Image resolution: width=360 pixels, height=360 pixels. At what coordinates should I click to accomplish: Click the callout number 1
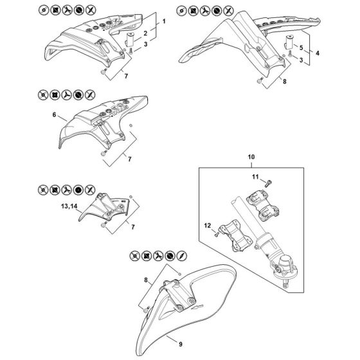(164, 21)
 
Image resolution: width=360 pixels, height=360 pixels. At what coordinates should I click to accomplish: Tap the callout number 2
(145, 33)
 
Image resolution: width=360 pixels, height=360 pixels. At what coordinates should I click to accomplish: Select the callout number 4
(318, 53)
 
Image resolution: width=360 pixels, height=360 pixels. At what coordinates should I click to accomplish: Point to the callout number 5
(301, 48)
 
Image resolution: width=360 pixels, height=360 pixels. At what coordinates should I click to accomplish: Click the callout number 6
(54, 114)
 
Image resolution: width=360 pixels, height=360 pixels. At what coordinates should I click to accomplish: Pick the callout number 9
(181, 344)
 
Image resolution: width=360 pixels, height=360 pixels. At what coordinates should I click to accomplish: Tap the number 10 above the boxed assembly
(251, 157)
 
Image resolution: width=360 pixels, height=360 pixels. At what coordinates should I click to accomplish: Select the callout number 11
(255, 177)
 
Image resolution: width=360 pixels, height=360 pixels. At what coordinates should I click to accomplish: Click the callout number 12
(207, 226)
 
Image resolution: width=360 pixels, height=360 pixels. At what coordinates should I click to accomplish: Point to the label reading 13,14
(69, 206)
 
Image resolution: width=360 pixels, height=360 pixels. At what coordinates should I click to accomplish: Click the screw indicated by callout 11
(268, 183)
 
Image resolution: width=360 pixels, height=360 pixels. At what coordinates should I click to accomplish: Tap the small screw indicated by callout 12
(217, 234)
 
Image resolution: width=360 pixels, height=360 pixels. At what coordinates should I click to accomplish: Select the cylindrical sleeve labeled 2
(129, 39)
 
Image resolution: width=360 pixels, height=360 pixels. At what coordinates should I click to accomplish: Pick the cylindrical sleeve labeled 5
(289, 42)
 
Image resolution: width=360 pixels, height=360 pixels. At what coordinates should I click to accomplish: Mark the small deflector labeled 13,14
(105, 207)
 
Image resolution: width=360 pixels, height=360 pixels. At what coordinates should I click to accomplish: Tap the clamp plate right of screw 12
(235, 235)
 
